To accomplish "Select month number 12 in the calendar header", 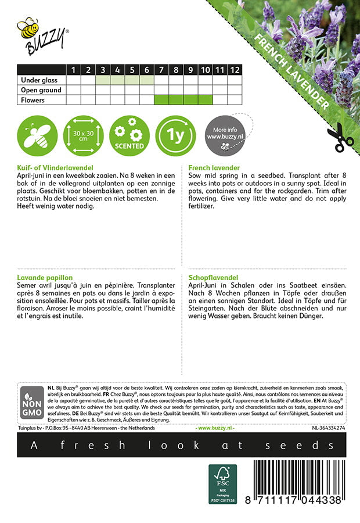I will coord(234,70).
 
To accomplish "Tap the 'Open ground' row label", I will coord(41,90).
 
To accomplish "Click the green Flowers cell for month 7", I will coord(161,100).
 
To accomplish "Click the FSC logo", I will coord(222,483).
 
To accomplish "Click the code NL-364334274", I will coord(328,428).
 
